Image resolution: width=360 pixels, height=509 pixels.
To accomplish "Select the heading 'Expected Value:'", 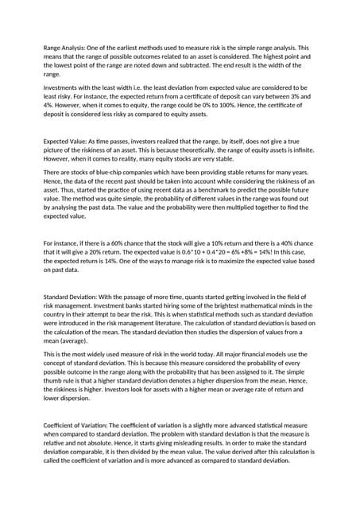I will [x=66, y=139].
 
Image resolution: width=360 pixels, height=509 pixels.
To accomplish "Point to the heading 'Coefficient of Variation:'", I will [x=79, y=425].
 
